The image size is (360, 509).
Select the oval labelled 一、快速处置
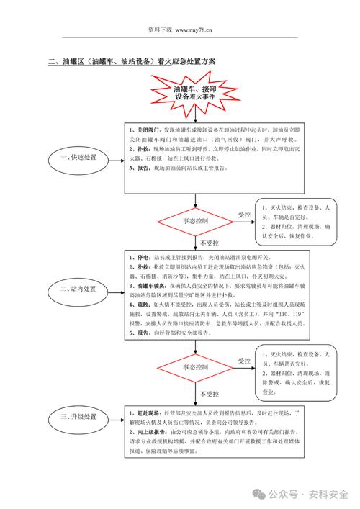tap(78, 158)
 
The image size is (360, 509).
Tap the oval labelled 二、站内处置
tap(78, 289)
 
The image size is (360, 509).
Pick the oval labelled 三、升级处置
tap(78, 417)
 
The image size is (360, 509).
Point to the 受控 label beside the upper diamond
tap(244, 215)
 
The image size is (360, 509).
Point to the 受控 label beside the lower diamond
tap(244, 360)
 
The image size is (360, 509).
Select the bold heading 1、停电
tap(139, 256)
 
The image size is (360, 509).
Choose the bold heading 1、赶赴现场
tap(147, 413)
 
